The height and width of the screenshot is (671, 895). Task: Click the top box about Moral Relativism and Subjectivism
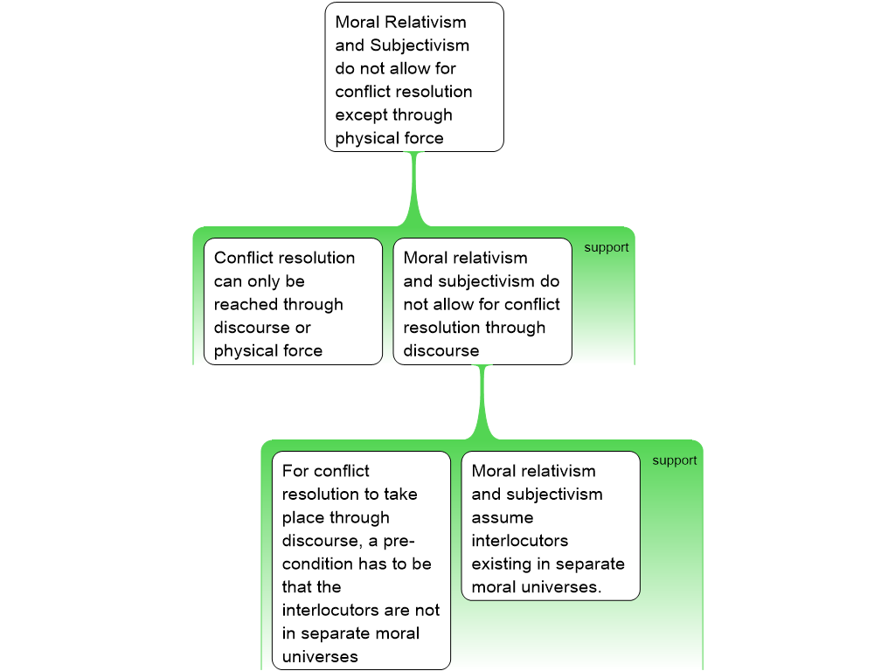pos(414,77)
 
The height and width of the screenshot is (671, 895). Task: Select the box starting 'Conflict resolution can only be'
pos(293,301)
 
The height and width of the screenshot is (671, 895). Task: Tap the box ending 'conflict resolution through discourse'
pos(482,301)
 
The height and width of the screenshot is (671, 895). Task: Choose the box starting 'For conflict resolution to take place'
pos(361,559)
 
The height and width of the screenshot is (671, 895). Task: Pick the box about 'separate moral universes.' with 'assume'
pos(551,526)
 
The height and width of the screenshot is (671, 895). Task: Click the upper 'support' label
pos(607,247)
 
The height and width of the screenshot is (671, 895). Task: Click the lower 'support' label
pos(675,460)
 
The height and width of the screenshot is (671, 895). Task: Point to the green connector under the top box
pos(415,188)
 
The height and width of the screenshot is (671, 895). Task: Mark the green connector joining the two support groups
pos(482,401)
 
